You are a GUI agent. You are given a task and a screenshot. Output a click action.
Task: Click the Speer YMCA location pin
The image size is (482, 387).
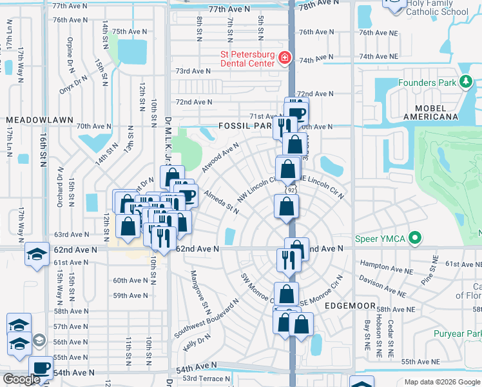[416, 239]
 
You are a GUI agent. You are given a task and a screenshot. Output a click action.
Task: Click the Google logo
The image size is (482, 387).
[21, 379]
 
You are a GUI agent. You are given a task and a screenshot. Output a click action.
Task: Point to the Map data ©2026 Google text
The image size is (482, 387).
[441, 382]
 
